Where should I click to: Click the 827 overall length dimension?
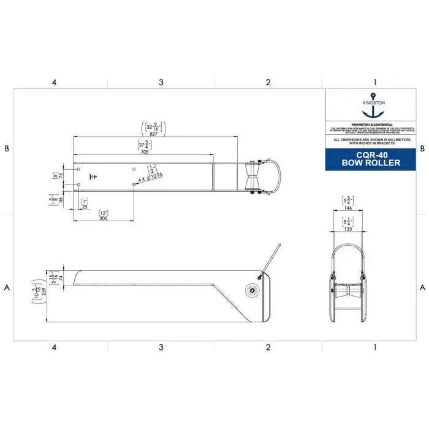[153, 137]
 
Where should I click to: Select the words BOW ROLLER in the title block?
[373, 163]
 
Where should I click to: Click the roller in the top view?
[252, 178]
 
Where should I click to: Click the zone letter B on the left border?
[7, 148]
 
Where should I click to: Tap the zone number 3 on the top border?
[161, 82]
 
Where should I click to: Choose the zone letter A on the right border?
[422, 287]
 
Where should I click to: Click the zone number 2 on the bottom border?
[268, 347]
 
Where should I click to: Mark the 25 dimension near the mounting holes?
[85, 207]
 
